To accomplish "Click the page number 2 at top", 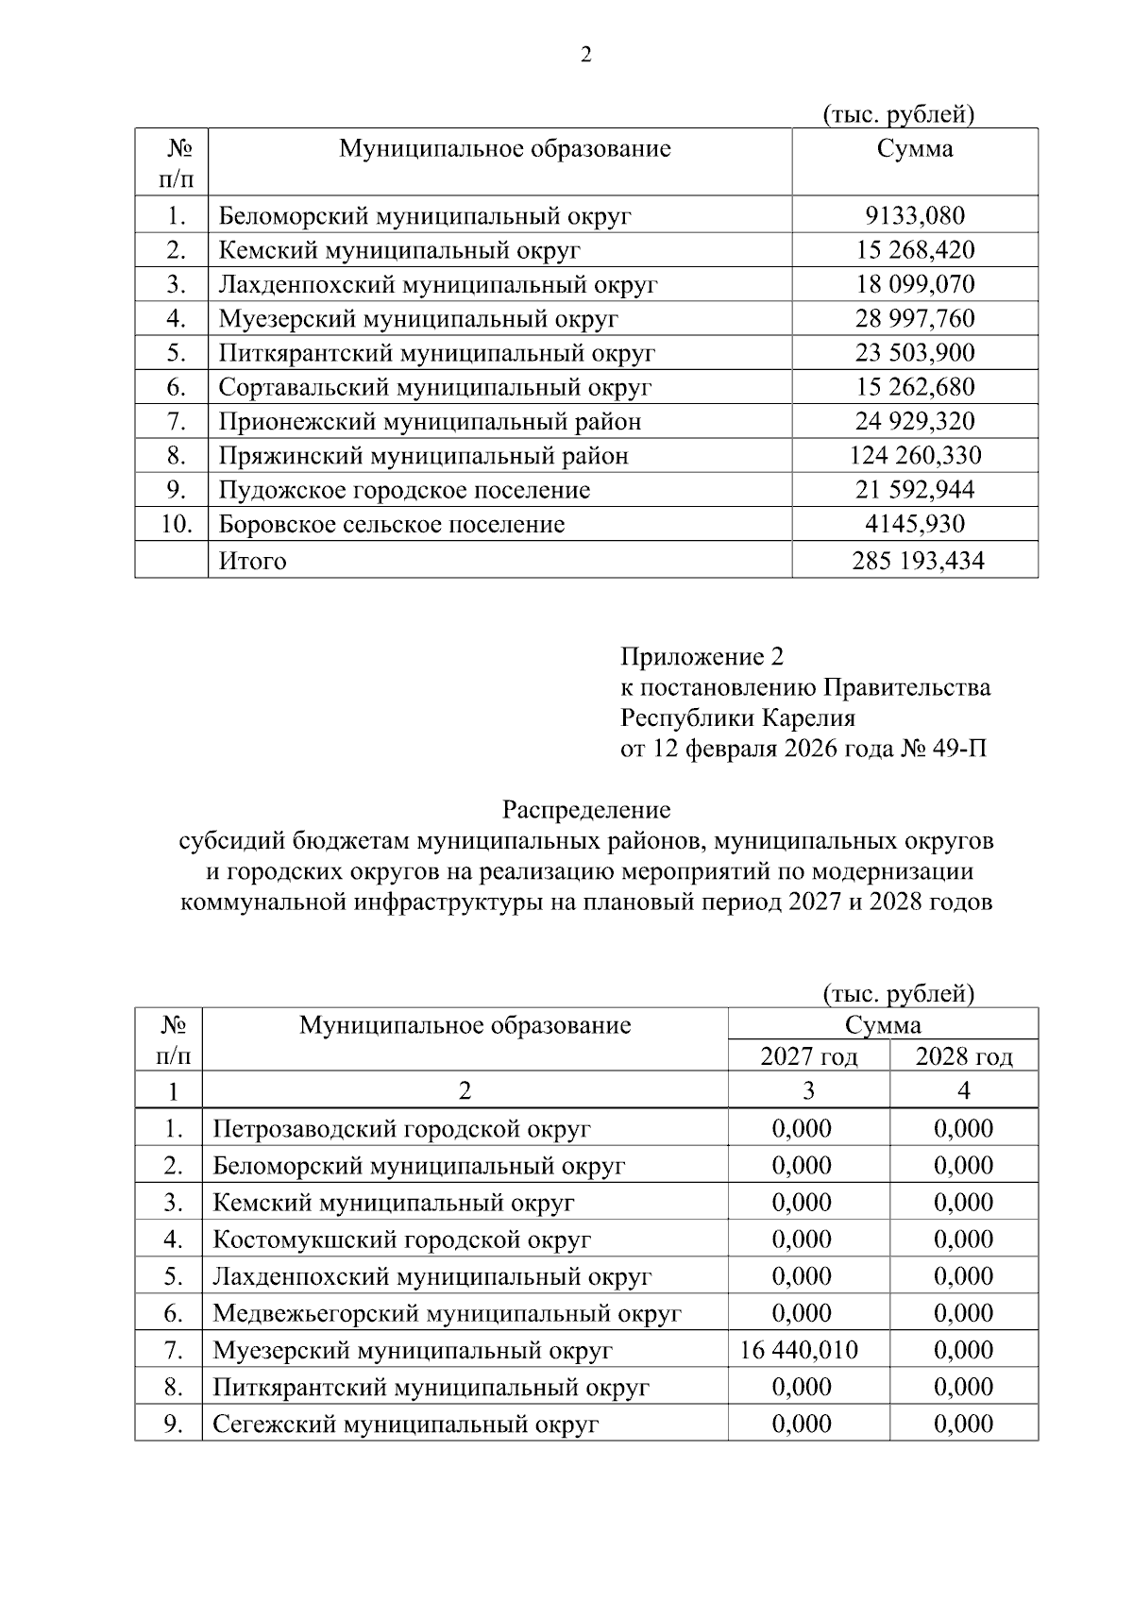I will [x=585, y=56].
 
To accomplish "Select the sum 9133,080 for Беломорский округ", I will [x=915, y=216].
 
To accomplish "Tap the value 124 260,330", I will [x=915, y=456].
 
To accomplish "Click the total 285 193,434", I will [x=917, y=561].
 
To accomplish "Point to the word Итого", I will [x=252, y=561].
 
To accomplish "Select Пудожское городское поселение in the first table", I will [x=404, y=490].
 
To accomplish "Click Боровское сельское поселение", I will [x=392, y=524].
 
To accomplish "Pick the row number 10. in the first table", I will [x=176, y=524].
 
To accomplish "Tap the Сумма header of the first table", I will [x=914, y=148].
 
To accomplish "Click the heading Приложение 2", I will [x=702, y=656].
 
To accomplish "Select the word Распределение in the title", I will [x=585, y=809].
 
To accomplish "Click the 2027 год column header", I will [x=808, y=1056].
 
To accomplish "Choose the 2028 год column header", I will [x=963, y=1056].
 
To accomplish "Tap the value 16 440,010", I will [x=799, y=1350].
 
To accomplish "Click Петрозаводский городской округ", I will [x=401, y=1129].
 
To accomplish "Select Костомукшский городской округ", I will [x=401, y=1239].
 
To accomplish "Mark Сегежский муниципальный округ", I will [x=405, y=1424].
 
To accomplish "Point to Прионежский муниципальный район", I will [x=430, y=422].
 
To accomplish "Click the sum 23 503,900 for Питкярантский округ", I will [x=915, y=353].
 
